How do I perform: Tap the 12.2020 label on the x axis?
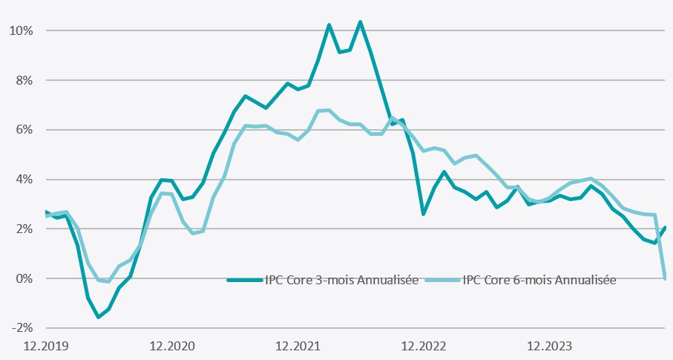click(x=172, y=345)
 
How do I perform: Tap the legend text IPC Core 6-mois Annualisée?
click(x=539, y=280)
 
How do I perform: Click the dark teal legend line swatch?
click(x=244, y=280)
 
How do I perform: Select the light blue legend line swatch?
click(x=442, y=280)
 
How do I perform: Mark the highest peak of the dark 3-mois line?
click(x=360, y=22)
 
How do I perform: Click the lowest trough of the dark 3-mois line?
click(x=98, y=317)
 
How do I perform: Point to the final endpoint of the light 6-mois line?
click(x=665, y=278)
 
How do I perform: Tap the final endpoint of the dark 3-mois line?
click(x=665, y=228)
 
